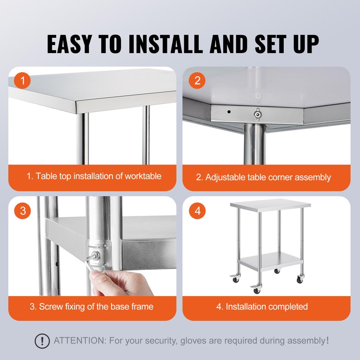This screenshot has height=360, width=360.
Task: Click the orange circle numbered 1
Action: [x=23, y=82]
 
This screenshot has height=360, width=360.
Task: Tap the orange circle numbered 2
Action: [x=197, y=81]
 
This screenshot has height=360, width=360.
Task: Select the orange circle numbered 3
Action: [x=23, y=211]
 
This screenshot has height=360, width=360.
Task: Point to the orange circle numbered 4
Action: [x=197, y=211]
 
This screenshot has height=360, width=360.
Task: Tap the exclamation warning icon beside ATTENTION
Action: [x=42, y=341]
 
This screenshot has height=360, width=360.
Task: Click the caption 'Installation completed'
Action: [x=266, y=307]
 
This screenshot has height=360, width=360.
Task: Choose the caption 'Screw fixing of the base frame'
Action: [x=91, y=307]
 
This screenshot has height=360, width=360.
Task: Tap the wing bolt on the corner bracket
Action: [x=258, y=113]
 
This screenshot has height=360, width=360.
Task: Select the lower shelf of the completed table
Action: [x=270, y=260]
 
